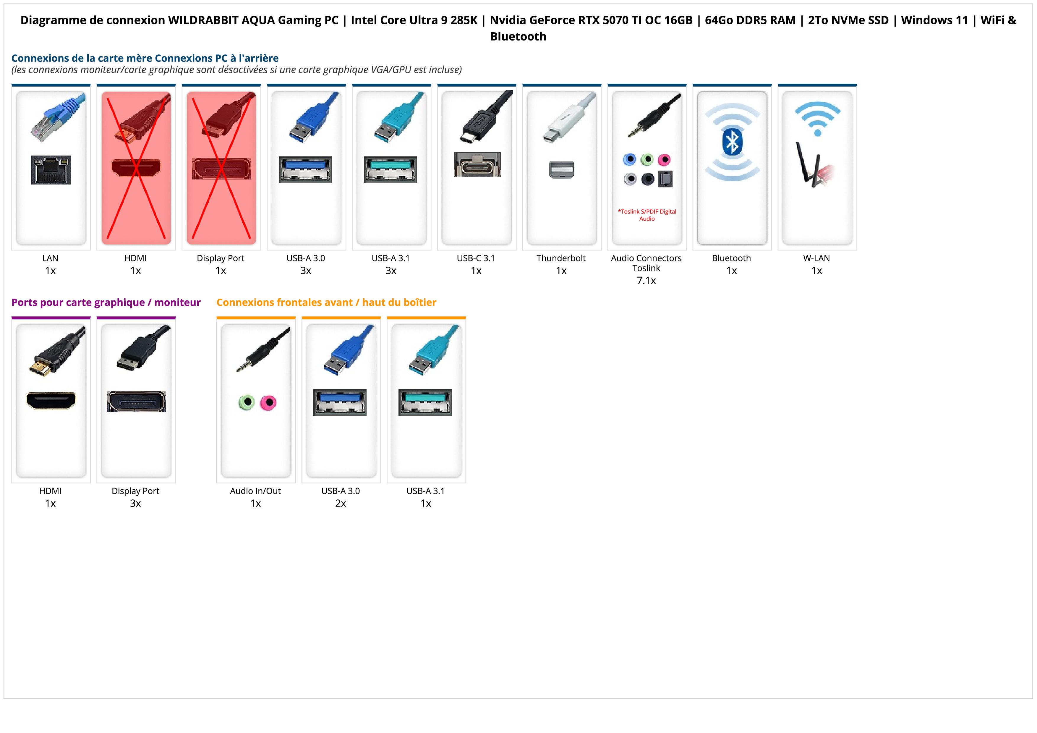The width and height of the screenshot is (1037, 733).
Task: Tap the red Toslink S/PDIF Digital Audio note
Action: pos(647,215)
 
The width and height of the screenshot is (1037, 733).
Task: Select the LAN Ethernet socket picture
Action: pos(51,170)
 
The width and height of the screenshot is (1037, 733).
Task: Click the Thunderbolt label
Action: pos(561,258)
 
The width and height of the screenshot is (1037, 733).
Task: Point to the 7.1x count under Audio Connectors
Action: pos(646,281)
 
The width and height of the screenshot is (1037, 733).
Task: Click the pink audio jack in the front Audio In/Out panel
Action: pos(268,402)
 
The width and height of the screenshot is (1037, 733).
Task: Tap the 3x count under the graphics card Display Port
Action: pos(135,504)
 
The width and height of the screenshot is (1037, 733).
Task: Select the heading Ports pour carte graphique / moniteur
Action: pos(106,302)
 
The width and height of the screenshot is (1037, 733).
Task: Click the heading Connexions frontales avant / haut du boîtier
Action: pos(326,302)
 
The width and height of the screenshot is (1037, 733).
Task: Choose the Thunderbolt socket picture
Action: pos(561,170)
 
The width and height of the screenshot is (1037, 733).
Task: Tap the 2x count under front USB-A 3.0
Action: pos(341,504)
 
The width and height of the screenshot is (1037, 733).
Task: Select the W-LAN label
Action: pos(816,258)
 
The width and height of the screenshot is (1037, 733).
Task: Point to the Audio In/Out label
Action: pos(255,491)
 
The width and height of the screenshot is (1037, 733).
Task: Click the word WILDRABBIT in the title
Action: pos(203,20)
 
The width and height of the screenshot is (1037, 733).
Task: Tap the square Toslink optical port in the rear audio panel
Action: pos(666,179)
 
